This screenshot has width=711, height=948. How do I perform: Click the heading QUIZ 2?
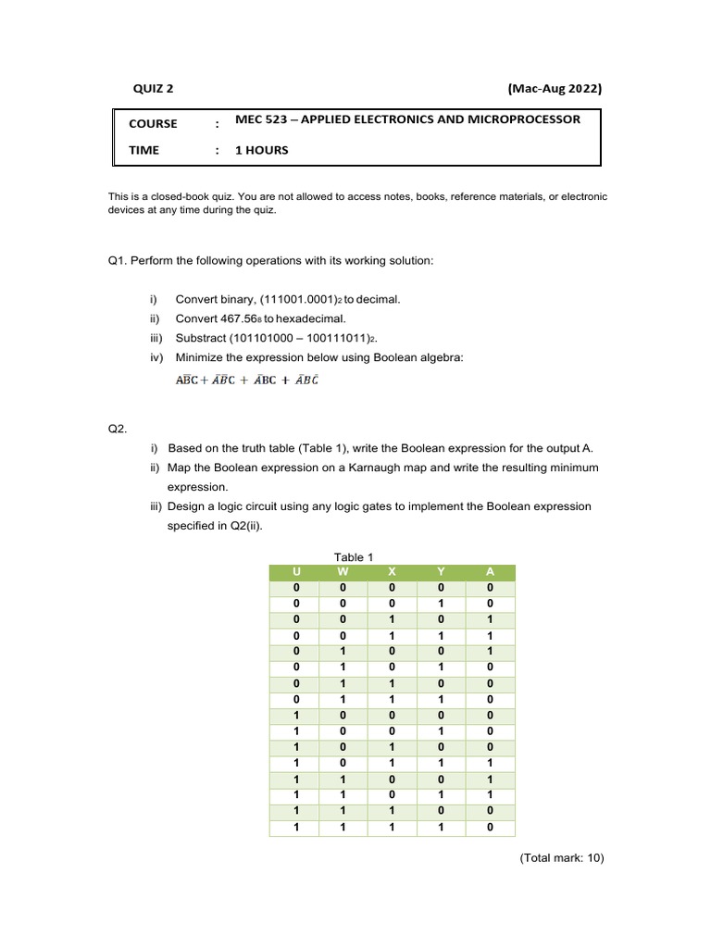153,89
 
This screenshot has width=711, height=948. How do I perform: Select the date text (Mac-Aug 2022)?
555,89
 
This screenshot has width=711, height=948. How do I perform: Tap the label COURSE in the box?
153,123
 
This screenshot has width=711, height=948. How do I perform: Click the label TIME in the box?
143,150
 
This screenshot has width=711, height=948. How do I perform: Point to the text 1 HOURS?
261,150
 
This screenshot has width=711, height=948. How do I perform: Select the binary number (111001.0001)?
295,300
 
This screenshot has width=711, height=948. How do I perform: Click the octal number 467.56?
239,318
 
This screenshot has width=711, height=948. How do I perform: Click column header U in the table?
296,572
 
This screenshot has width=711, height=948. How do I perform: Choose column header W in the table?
343,572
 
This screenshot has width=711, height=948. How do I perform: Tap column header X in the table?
392,572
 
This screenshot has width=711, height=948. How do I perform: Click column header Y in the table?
441,572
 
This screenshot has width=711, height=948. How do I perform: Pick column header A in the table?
490,572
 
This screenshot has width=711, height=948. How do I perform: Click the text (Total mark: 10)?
561,858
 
